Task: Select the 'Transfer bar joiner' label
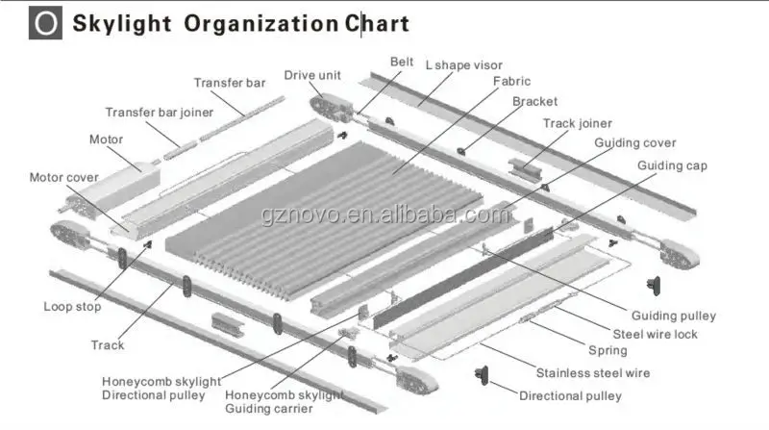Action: [x=159, y=112]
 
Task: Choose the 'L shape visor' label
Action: [x=463, y=63]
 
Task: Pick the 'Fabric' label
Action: [x=511, y=82]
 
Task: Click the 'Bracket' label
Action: [x=534, y=101]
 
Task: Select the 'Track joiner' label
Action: [x=577, y=123]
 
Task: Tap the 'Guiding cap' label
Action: [x=672, y=165]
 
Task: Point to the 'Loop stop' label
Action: [x=72, y=308]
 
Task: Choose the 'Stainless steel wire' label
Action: [x=592, y=372]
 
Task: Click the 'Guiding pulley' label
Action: [x=672, y=315]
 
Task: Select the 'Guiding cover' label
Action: [x=634, y=142]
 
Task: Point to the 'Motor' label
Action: [x=107, y=139]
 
